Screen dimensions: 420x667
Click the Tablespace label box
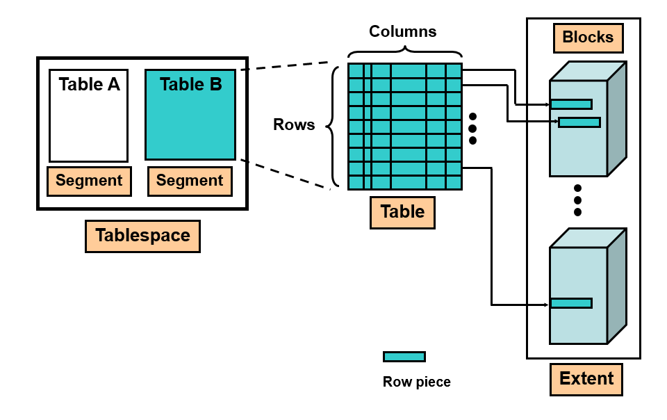(142, 236)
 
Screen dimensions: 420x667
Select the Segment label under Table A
(89, 181)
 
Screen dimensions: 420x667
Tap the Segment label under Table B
(190, 181)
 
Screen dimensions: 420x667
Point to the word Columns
(403, 31)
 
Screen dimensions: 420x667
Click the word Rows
(294, 125)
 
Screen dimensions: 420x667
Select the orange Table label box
(403, 211)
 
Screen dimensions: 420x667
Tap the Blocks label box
(588, 38)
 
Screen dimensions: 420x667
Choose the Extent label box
(586, 379)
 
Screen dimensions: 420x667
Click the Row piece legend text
(417, 382)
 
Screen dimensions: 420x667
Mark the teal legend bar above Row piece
(404, 357)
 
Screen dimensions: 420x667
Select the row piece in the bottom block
(571, 303)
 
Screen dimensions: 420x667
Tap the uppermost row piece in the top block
(571, 104)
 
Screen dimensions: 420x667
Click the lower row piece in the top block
(579, 122)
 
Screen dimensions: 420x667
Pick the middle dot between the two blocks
(577, 200)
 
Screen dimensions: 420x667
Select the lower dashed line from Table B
(285, 174)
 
